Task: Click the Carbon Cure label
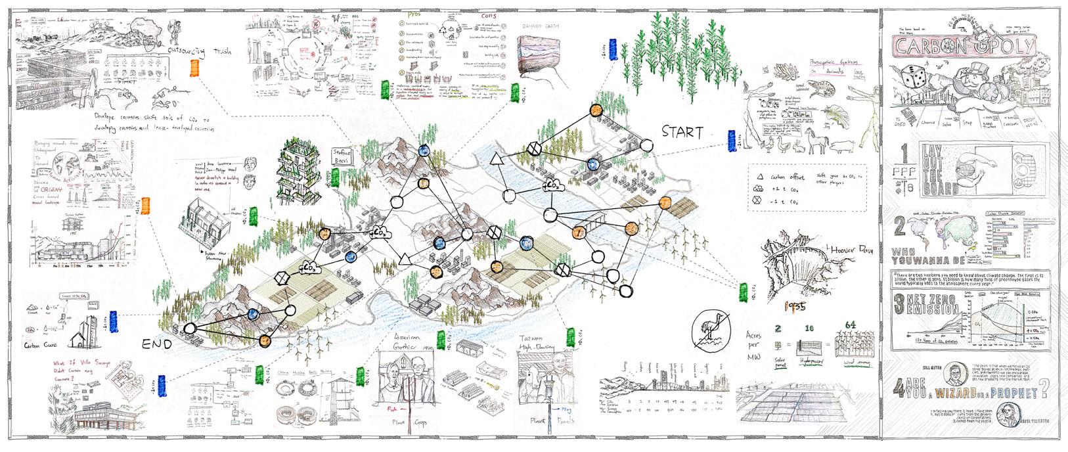47,345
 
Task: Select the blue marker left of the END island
114,320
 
